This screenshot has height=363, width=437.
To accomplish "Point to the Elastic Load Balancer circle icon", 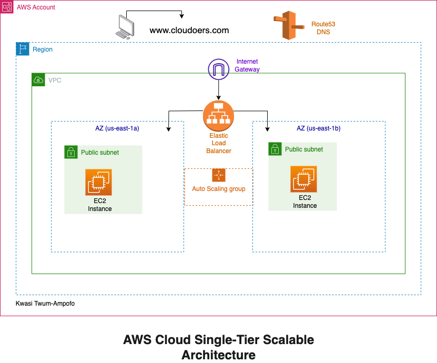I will click(218, 116).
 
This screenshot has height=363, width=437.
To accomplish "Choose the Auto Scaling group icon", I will click(218, 175).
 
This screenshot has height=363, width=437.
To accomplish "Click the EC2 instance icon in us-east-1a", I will click(99, 183).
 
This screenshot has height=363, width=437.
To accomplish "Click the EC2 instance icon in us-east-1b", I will click(304, 179).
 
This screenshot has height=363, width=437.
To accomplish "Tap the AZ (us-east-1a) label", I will click(117, 128).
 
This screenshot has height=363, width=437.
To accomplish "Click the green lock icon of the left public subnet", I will click(71, 152).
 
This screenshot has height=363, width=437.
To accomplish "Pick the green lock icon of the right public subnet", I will click(275, 149).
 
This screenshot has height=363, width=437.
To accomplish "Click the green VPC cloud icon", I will click(38, 80).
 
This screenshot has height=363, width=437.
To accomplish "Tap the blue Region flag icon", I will click(23, 49).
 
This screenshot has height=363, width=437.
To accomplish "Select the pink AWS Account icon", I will click(7, 7).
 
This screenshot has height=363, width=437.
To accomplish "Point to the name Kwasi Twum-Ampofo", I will click(45, 304).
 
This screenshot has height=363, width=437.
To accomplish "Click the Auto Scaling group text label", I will click(218, 189).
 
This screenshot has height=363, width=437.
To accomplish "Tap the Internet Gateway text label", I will click(247, 66).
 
